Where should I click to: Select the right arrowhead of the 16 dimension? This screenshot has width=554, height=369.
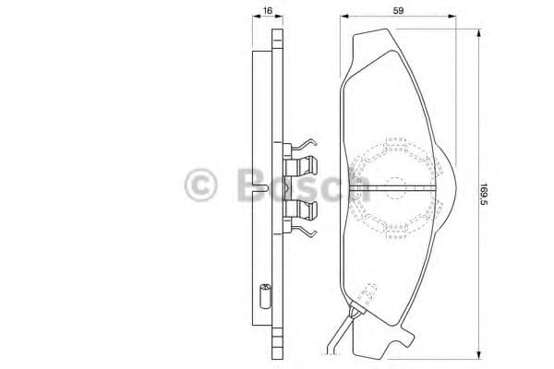pos(280,16)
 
